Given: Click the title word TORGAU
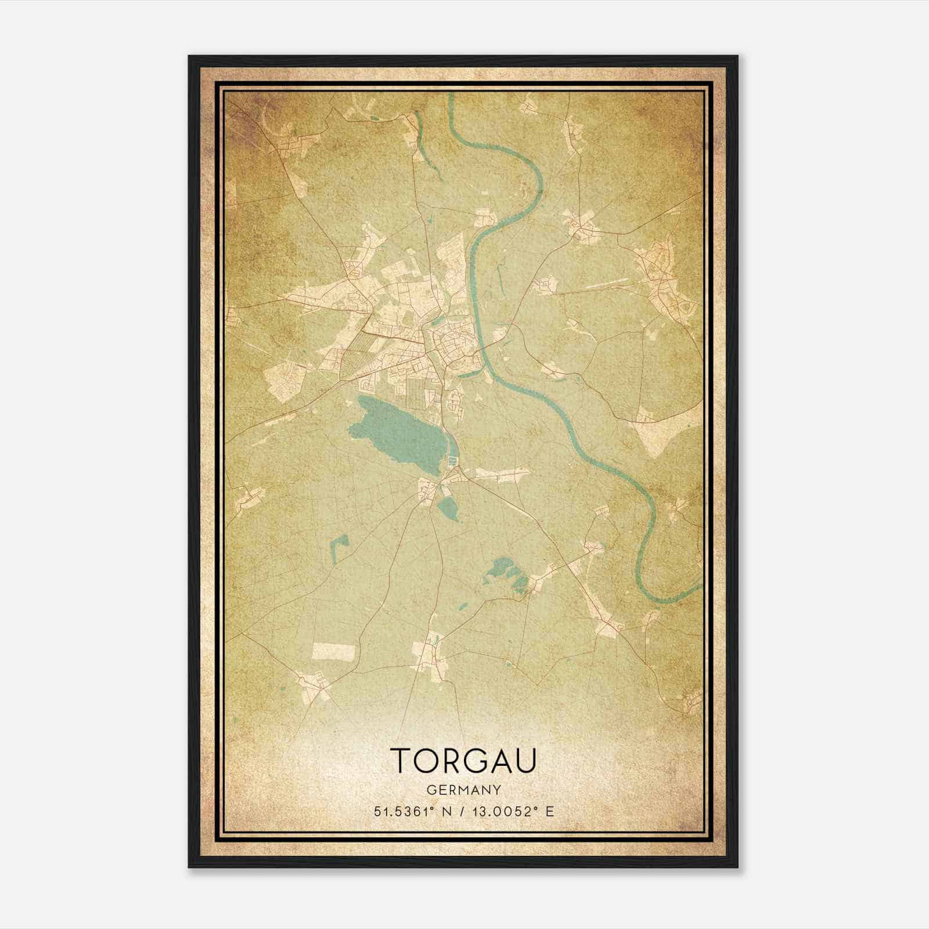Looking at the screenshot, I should pyautogui.click(x=463, y=761).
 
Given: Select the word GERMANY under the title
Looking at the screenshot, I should pyautogui.click(x=463, y=790).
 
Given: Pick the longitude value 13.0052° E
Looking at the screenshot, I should pyautogui.click(x=513, y=811).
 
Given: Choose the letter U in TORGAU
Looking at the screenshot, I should pyautogui.click(x=526, y=761).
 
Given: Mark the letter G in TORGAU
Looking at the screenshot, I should pyautogui.click(x=473, y=761).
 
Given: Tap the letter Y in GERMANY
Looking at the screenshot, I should pyautogui.click(x=495, y=790).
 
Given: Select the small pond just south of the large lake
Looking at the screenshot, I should pyautogui.click(x=448, y=509).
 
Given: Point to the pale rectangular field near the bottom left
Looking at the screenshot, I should pyautogui.click(x=333, y=651).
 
